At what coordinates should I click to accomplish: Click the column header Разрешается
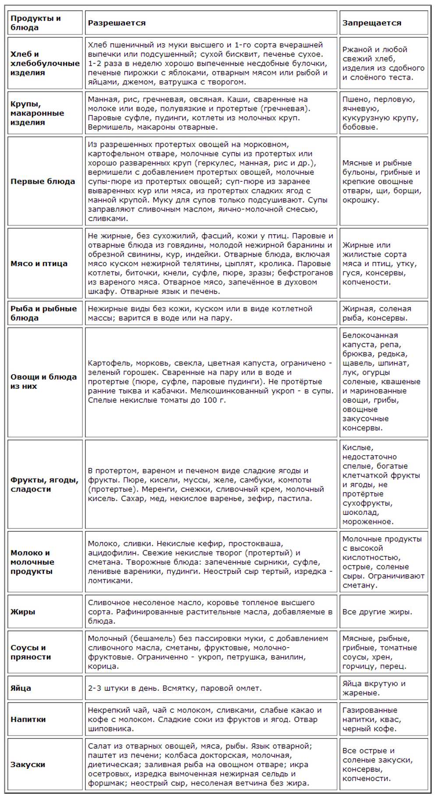117,23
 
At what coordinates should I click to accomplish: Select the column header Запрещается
371,23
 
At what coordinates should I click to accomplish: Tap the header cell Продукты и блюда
35,23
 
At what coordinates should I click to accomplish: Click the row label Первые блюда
42,181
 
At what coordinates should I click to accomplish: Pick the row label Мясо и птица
39,264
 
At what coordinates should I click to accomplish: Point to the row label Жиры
23,612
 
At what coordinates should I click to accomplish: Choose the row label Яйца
21,688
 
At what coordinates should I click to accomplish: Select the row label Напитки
28,719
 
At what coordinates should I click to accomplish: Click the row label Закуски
28,764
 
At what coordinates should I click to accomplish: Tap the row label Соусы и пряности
31,652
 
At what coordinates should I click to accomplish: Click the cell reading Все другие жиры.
377,612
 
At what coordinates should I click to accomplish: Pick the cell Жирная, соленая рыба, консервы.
377,313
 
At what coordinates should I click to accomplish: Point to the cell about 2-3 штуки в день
174,688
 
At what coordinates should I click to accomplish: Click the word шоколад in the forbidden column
360,512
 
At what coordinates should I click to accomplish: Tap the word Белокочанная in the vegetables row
370,335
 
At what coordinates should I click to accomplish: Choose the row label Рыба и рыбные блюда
43,313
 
